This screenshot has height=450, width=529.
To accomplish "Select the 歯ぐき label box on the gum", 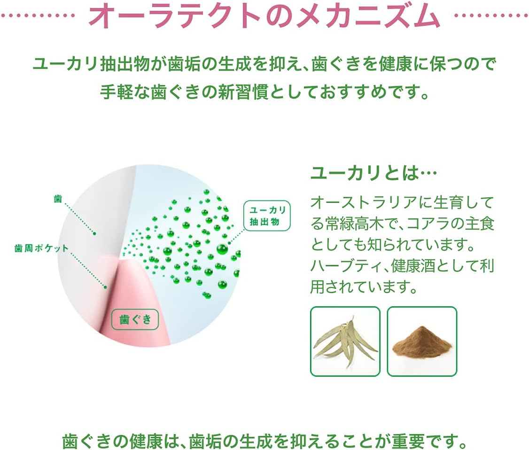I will click(x=135, y=320).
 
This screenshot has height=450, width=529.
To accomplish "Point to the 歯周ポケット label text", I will click(x=41, y=249).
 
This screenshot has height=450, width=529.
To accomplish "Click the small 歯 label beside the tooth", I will click(x=58, y=199).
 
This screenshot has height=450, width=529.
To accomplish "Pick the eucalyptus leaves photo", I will click(x=345, y=341).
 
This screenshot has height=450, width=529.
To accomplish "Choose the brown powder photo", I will click(x=422, y=341).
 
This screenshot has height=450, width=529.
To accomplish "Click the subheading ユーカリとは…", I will click(x=373, y=174).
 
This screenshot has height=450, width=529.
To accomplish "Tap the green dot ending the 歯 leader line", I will click(x=94, y=233).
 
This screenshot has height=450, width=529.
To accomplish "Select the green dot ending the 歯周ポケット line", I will click(x=106, y=287).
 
